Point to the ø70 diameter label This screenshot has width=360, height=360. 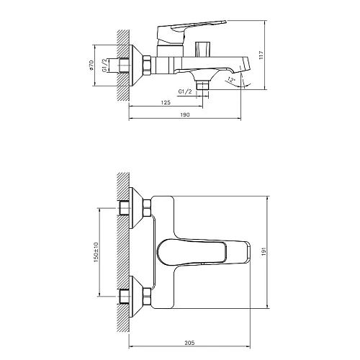click(x=91, y=66)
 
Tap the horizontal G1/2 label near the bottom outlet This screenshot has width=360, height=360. click(x=186, y=92)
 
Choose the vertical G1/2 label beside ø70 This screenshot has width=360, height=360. click(x=106, y=66)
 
